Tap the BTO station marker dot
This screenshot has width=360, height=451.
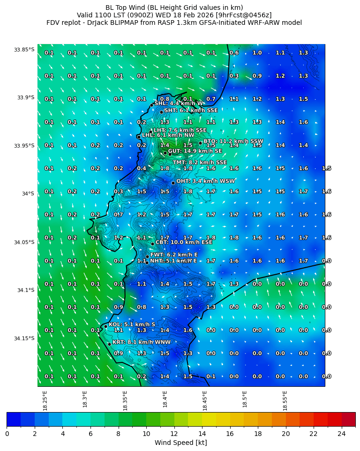click(x=200, y=143)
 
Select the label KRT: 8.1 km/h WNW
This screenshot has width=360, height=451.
click(x=142, y=343)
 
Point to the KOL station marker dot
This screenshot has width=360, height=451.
click(x=105, y=326)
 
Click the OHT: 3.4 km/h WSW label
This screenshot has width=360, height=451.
click(x=205, y=181)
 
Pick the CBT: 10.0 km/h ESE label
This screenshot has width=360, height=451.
click(x=184, y=243)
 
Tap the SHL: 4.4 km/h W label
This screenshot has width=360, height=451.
click(x=179, y=104)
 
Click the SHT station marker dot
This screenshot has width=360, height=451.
click(x=161, y=112)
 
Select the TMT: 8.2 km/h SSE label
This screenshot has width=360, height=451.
click(x=200, y=163)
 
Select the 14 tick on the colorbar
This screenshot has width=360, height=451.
click(x=202, y=433)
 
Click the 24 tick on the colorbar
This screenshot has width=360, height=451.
click(x=341, y=433)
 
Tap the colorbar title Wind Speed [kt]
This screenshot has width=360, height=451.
click(x=180, y=443)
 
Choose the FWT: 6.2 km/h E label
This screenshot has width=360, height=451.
click(x=174, y=255)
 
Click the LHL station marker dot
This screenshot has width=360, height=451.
click(x=139, y=137)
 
